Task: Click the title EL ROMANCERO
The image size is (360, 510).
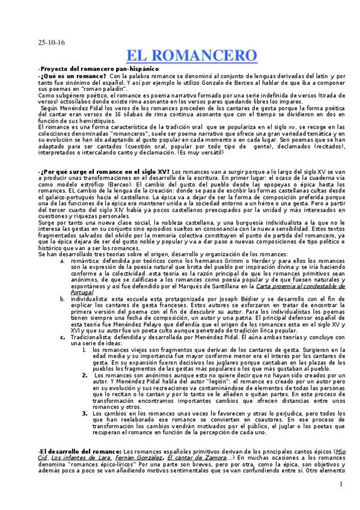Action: [x=192, y=56]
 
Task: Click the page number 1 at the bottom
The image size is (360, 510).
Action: [x=341, y=485]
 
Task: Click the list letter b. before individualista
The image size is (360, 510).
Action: [x=62, y=298]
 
